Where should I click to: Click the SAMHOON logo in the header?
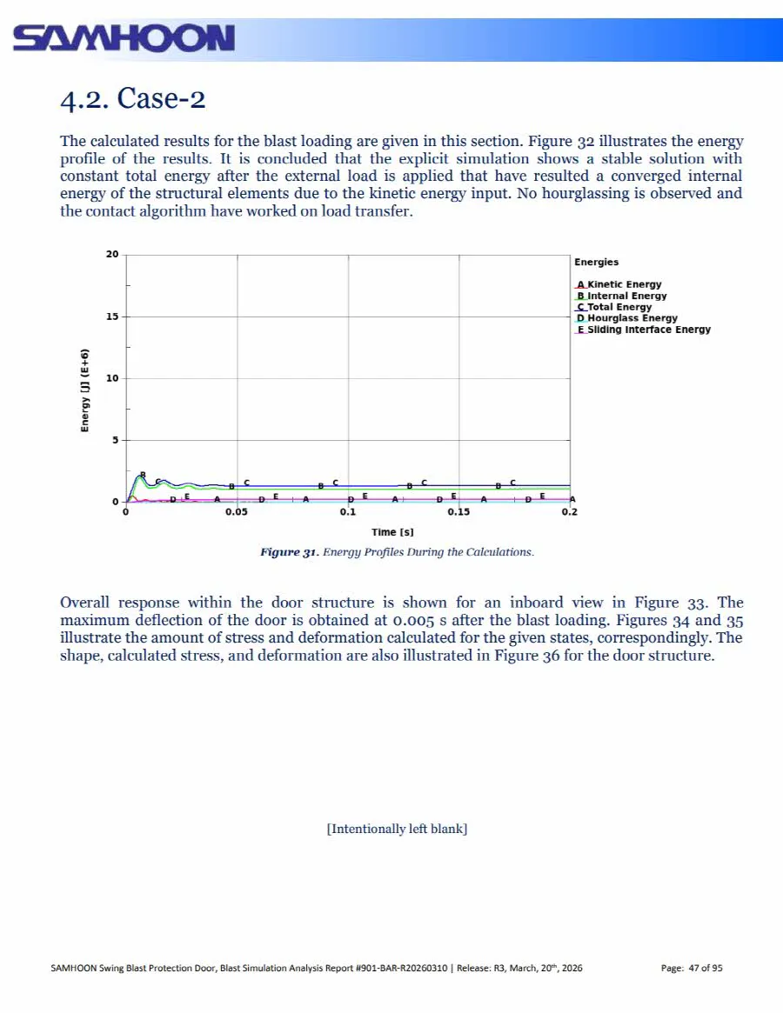(x=124, y=39)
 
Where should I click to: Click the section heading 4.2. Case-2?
(x=132, y=98)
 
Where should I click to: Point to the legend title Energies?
(x=596, y=262)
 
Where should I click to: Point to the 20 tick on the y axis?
(x=112, y=255)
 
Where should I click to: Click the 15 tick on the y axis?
(x=112, y=317)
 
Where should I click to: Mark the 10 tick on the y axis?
(x=112, y=378)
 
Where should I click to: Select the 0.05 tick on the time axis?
(x=237, y=513)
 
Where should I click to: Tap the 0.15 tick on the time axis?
(x=458, y=513)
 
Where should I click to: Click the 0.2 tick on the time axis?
(x=569, y=513)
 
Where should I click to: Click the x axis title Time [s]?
(x=392, y=531)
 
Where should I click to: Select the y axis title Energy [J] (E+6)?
(x=85, y=390)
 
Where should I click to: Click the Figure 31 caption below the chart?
(x=397, y=552)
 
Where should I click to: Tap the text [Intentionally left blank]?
(x=397, y=829)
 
